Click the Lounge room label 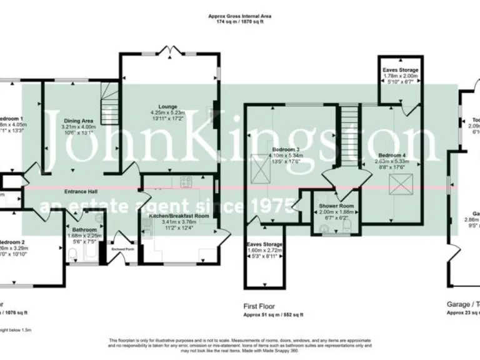click(x=167, y=106)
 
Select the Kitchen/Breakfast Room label click(x=179, y=215)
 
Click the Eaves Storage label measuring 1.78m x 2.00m click(x=401, y=70)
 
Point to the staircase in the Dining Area click(x=110, y=99)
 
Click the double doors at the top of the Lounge click(x=169, y=50)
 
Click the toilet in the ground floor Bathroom click(x=72, y=252)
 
